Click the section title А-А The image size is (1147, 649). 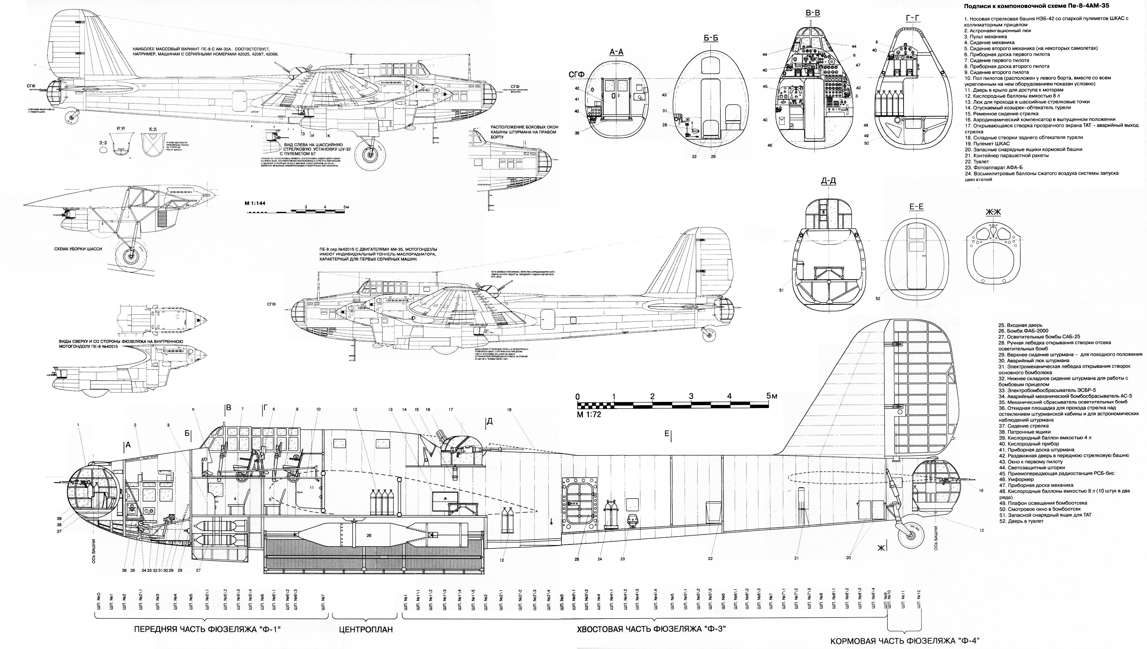[x=616, y=52]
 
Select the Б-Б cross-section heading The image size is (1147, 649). [x=711, y=38]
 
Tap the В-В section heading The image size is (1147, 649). [x=812, y=13]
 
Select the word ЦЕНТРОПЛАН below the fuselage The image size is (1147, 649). [x=365, y=630]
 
